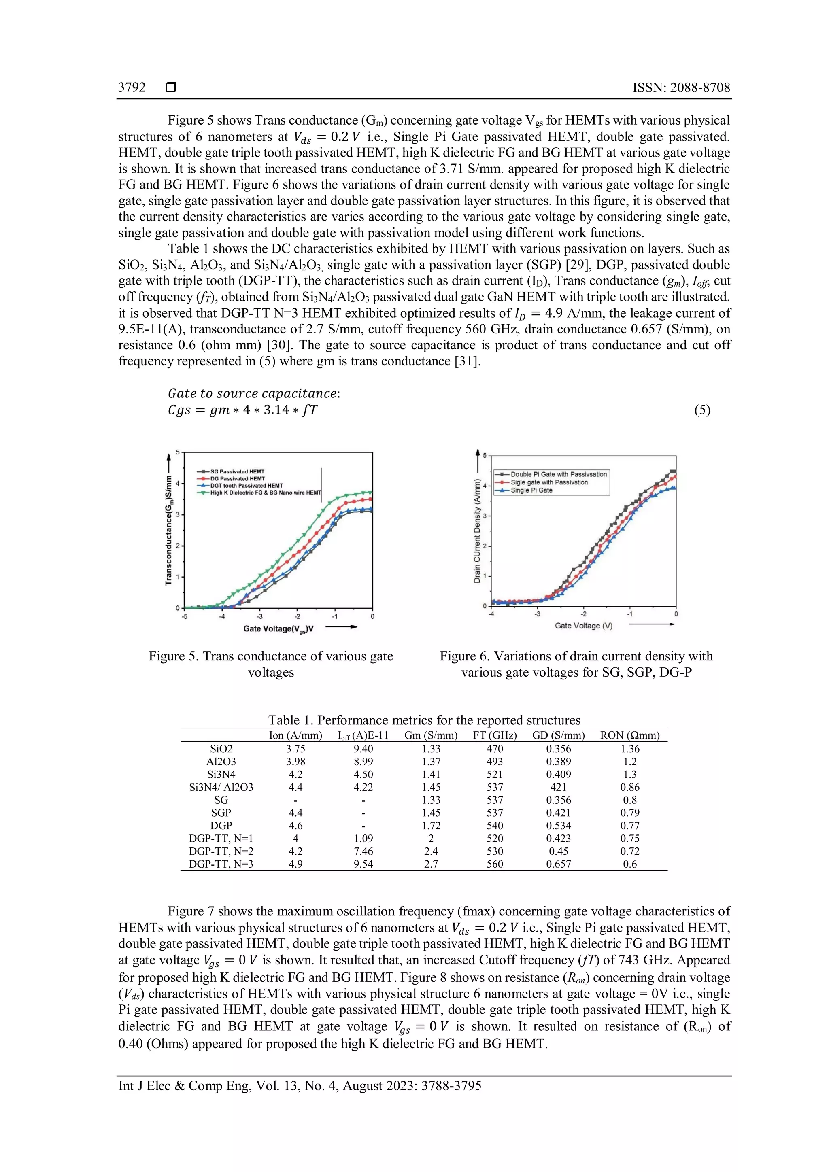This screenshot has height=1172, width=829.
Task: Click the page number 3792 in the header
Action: (132, 87)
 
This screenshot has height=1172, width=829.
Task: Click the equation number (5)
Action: (702, 410)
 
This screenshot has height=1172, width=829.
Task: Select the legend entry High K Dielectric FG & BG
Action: (266, 493)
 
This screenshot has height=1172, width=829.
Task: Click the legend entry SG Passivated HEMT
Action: (237, 471)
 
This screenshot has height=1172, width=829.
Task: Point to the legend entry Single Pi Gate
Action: (531, 490)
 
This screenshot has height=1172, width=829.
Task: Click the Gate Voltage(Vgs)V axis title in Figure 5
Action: (278, 628)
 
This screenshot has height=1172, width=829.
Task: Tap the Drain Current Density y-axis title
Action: (477, 531)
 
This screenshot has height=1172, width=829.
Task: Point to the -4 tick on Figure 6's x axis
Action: (491, 614)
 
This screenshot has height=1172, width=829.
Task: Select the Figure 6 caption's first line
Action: (576, 656)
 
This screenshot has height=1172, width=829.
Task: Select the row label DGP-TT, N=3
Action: (221, 864)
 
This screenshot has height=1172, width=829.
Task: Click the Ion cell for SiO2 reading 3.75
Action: (295, 748)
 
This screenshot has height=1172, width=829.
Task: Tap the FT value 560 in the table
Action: (495, 864)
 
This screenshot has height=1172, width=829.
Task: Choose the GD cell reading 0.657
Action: (559, 864)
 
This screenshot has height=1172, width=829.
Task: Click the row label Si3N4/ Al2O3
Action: (221, 787)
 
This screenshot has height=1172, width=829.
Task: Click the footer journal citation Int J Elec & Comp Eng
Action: (300, 1085)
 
